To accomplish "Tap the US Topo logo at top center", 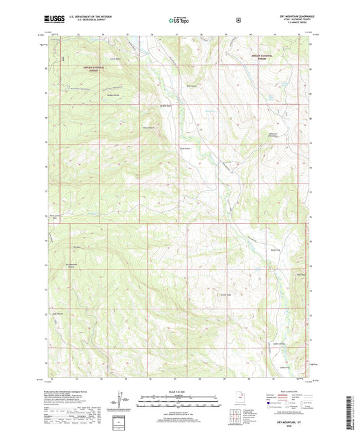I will (x=179, y=20).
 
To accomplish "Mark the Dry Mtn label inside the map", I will (x=77, y=248).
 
